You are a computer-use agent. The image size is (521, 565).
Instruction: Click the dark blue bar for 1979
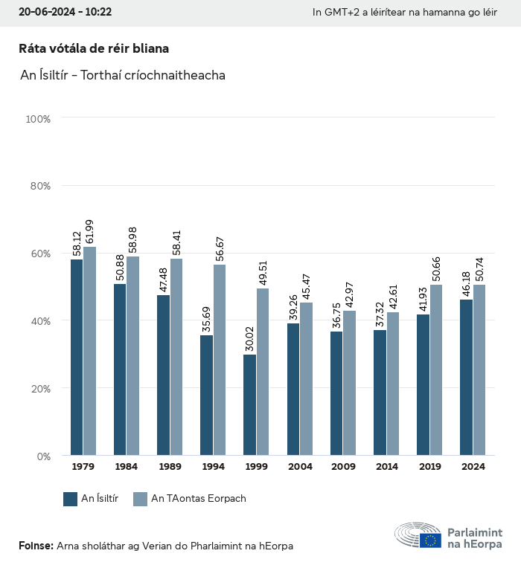[77, 357]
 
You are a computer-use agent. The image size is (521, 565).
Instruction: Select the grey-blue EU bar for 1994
[220, 360]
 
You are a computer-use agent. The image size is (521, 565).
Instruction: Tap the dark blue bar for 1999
[249, 405]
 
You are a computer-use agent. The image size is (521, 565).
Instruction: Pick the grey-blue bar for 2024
[479, 369]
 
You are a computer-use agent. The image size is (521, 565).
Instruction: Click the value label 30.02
[250, 340]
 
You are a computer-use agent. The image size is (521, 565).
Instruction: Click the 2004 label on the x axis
[300, 467]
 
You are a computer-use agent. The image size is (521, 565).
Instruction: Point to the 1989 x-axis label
[170, 467]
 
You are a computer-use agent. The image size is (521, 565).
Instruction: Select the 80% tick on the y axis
[40, 186]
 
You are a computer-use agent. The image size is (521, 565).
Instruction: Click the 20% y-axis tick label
[40, 389]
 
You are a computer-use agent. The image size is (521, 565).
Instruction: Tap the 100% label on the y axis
[38, 118]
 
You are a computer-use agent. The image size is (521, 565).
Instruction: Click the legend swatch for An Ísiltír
[71, 499]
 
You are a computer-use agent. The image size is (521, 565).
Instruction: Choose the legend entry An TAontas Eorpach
[198, 499]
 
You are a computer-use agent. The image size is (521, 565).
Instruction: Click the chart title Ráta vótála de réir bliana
[94, 48]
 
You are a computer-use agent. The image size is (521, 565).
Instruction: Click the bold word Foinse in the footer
[36, 546]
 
